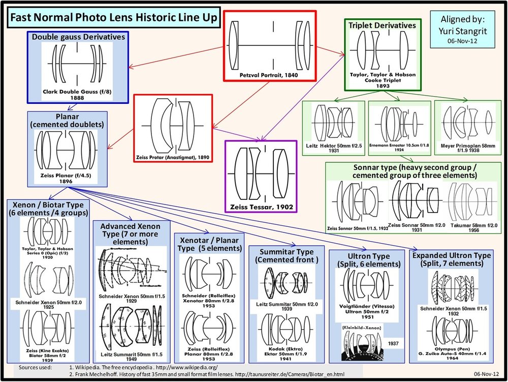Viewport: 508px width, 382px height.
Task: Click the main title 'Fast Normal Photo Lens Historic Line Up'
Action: click(112, 18)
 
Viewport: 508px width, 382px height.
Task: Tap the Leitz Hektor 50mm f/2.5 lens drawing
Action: click(333, 123)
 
